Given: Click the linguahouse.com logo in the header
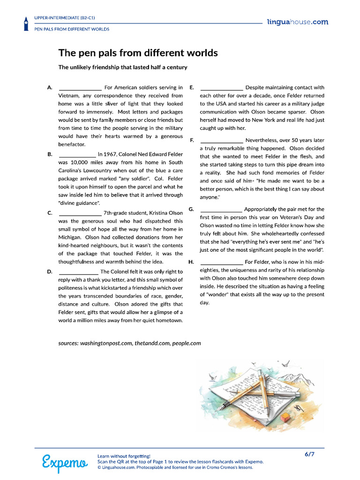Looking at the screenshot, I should coord(297,22).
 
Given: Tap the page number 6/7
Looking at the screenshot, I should coord(309,454).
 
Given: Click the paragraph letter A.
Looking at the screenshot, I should coord(49,88).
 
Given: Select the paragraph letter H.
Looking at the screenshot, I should coord(191,262).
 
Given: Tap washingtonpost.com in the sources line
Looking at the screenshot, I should coord(106,343).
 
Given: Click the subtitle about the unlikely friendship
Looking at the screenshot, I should coord(123,67).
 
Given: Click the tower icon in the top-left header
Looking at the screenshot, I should coord(26,24).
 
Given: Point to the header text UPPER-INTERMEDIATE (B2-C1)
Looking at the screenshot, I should coord(64,18).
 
